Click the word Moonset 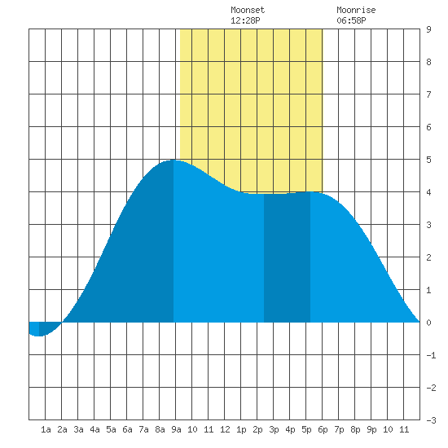(248, 10)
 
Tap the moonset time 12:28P (245, 20)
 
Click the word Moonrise (356, 10)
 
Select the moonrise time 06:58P (351, 20)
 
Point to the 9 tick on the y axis (428, 29)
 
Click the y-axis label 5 (428, 160)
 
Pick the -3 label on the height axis (431, 420)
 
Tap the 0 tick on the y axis (428, 323)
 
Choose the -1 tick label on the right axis (431, 355)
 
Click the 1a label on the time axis (46, 429)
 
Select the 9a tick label (176, 429)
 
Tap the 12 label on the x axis (225, 429)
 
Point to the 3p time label (274, 429)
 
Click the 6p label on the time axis (323, 429)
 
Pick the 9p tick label (371, 429)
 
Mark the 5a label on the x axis (111, 429)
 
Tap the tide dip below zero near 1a (38, 336)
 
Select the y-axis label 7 (428, 94)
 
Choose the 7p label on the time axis (339, 429)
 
